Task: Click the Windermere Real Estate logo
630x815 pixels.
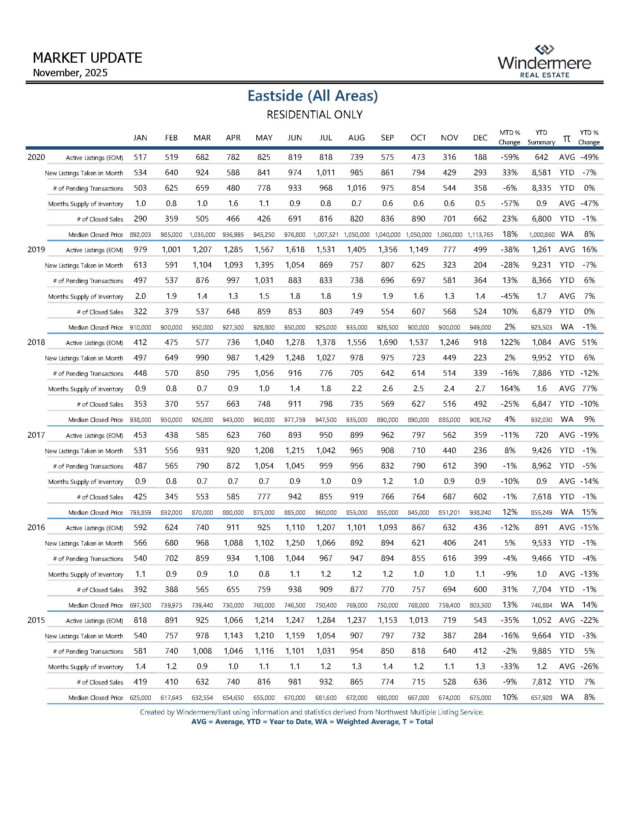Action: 544,62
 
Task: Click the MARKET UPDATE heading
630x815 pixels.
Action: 87,58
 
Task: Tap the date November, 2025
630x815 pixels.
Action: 70,72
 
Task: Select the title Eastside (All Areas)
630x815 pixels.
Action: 313,96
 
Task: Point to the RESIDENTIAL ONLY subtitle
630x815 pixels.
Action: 314,114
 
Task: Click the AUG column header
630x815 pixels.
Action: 356,138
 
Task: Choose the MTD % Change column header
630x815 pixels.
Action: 509,137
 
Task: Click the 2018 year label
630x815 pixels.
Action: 36,342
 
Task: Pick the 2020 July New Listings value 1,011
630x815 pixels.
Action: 325,172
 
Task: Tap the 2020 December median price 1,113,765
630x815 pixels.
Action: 480,235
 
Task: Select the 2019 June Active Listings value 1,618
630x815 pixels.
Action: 294,250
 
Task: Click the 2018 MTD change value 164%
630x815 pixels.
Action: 510,389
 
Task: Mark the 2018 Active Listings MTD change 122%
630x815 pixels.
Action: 510,342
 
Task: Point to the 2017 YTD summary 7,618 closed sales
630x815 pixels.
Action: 541,497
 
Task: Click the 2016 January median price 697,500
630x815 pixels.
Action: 140,605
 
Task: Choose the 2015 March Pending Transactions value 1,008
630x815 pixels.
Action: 202,651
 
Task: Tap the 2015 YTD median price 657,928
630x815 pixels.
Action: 541,698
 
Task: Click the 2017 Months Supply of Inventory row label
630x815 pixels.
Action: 85,482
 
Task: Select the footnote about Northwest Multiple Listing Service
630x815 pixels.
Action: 312,712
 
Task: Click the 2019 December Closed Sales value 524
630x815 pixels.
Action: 480,312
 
